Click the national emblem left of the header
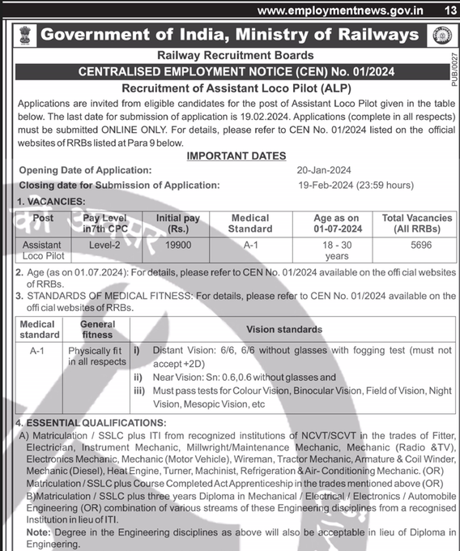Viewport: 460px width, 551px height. pos(24,35)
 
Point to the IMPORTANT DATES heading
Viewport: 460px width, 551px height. pos(236,156)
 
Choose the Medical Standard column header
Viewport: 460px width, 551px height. pos(250,224)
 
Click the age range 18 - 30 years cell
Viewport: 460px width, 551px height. pos(336,250)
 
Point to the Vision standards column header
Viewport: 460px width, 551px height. pos(283,329)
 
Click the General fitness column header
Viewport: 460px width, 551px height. pos(97,329)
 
